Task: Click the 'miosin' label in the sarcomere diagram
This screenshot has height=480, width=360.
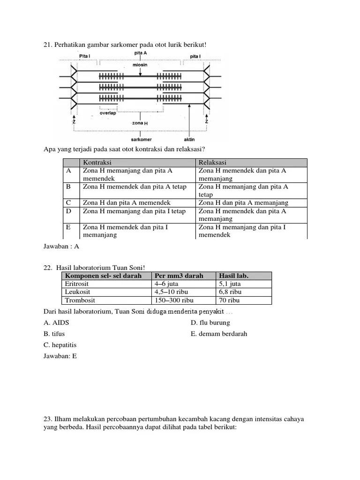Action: pyautogui.click(x=140, y=65)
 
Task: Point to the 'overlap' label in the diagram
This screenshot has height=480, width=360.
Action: pyautogui.click(x=107, y=112)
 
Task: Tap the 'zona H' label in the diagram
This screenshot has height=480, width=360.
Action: pyautogui.click(x=140, y=123)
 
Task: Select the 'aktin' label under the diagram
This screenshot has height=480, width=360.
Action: pyautogui.click(x=189, y=140)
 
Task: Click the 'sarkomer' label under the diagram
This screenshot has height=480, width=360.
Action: pyautogui.click(x=141, y=140)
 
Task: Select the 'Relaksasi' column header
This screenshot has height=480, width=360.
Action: pyautogui.click(x=212, y=162)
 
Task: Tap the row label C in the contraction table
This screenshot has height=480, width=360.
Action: pyautogui.click(x=69, y=202)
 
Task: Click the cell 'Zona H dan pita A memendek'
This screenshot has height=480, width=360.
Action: pyautogui.click(x=127, y=202)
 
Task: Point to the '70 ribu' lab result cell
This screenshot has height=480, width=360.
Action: pyautogui.click(x=230, y=300)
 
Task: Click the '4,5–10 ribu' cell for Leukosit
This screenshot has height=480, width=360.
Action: pyautogui.click(x=172, y=292)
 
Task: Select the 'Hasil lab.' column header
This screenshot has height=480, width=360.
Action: pyautogui.click(x=233, y=276)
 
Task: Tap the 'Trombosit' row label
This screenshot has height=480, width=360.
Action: pyautogui.click(x=79, y=300)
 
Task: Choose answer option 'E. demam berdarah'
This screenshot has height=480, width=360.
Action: pyautogui.click(x=219, y=334)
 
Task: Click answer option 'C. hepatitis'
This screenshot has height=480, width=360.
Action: pyautogui.click(x=60, y=345)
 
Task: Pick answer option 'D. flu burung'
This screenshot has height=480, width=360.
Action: pyautogui.click(x=210, y=322)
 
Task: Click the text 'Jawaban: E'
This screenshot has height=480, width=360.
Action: pyautogui.click(x=60, y=356)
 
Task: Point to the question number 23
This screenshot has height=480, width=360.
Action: pyautogui.click(x=47, y=419)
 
